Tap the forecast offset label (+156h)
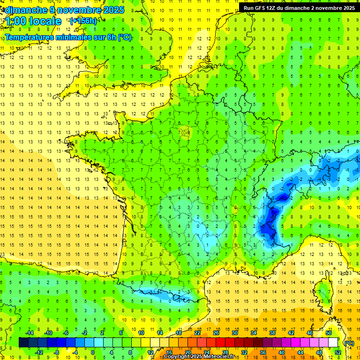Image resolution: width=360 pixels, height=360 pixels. (x=83, y=21)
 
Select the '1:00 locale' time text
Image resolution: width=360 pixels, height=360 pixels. (x=33, y=21)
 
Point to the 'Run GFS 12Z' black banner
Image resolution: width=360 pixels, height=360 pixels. (x=299, y=7)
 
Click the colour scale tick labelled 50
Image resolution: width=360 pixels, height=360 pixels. (x=329, y=333)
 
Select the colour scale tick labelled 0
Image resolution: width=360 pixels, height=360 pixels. (x=93, y=352)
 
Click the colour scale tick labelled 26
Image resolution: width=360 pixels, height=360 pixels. (x=216, y=333)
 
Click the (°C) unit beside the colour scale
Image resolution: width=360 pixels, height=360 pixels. (x=349, y=343)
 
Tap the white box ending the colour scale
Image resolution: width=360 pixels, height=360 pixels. (x=333, y=343)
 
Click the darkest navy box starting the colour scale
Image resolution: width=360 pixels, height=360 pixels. (x=23, y=343)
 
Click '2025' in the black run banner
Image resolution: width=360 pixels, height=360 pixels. (x=347, y=7)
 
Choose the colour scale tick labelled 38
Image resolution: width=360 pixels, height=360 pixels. (x=272, y=333)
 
